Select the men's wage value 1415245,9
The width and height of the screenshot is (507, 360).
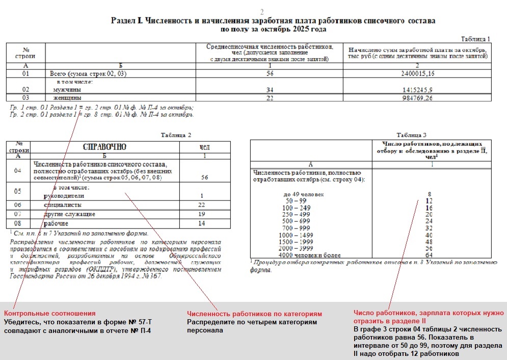(417, 90)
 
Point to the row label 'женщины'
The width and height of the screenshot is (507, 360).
(67, 98)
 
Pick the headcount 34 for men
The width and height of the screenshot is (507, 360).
(270, 90)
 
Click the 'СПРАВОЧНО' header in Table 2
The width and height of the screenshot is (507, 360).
(104, 147)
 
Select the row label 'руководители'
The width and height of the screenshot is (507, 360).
(64, 196)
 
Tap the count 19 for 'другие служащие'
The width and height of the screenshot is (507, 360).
(202, 214)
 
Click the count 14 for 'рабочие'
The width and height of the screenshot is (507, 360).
(202, 223)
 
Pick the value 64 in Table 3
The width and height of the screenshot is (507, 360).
(429, 255)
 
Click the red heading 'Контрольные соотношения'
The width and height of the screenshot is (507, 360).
(49, 313)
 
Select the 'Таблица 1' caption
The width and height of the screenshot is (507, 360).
(475, 39)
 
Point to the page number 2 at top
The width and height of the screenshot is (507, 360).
(262, 12)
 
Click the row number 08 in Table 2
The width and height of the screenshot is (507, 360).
(18, 223)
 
